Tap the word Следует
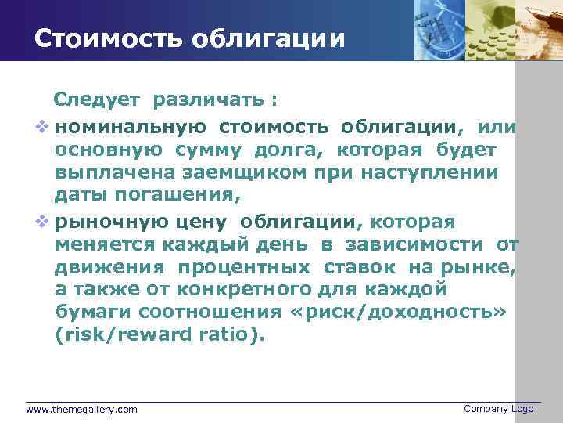pyautogui.click(x=96, y=100)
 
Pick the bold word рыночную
pyautogui.click(x=108, y=222)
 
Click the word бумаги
pyautogui.click(x=90, y=312)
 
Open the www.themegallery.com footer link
pyautogui.click(x=81, y=410)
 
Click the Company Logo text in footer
pyautogui.click(x=498, y=409)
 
